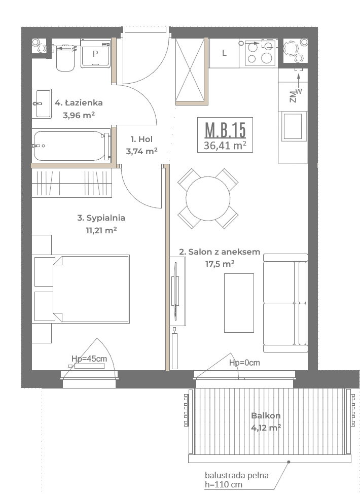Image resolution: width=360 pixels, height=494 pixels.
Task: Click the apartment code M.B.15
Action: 225,129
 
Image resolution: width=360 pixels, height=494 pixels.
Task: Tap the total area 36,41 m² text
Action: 225,146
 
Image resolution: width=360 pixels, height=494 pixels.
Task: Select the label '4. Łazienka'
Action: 79,103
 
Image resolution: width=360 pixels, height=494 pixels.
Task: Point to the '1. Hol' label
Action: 141,139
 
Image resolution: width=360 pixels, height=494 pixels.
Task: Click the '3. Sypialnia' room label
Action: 101,218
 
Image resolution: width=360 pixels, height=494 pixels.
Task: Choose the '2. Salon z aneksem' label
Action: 220,252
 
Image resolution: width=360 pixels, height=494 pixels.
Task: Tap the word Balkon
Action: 266,415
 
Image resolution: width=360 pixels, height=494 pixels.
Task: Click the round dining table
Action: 208,198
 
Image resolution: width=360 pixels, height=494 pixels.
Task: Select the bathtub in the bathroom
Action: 71,146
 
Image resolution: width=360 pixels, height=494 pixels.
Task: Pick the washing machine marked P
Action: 95,53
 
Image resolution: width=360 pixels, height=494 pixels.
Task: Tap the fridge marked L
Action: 224,53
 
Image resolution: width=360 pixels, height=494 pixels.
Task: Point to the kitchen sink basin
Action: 293,126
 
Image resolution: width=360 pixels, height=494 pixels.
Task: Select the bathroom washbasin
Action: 42,103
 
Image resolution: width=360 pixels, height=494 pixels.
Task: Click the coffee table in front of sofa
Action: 239,303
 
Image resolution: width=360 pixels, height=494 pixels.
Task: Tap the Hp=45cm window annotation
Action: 89,359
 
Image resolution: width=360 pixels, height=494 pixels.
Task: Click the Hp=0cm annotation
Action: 244,363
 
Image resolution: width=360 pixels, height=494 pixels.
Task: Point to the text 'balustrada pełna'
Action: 237,475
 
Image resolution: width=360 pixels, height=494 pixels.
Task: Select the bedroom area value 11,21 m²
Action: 101,230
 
